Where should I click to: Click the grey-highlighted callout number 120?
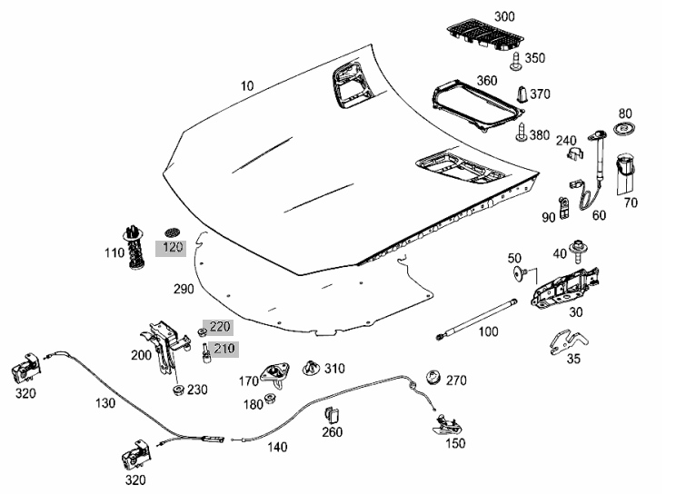coord(173,248)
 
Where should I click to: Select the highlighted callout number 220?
coord(220,327)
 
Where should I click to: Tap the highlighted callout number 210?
coord(224,349)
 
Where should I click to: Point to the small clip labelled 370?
coord(522,94)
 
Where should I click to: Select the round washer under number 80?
coord(625,129)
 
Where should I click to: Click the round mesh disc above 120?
coord(174,232)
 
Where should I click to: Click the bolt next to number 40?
coord(577,252)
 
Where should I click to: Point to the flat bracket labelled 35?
coord(568,341)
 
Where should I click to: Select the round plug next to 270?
coord(433,377)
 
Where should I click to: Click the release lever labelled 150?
coord(448,425)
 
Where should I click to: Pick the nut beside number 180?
coord(270,400)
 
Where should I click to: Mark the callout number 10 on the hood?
coord(247,86)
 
